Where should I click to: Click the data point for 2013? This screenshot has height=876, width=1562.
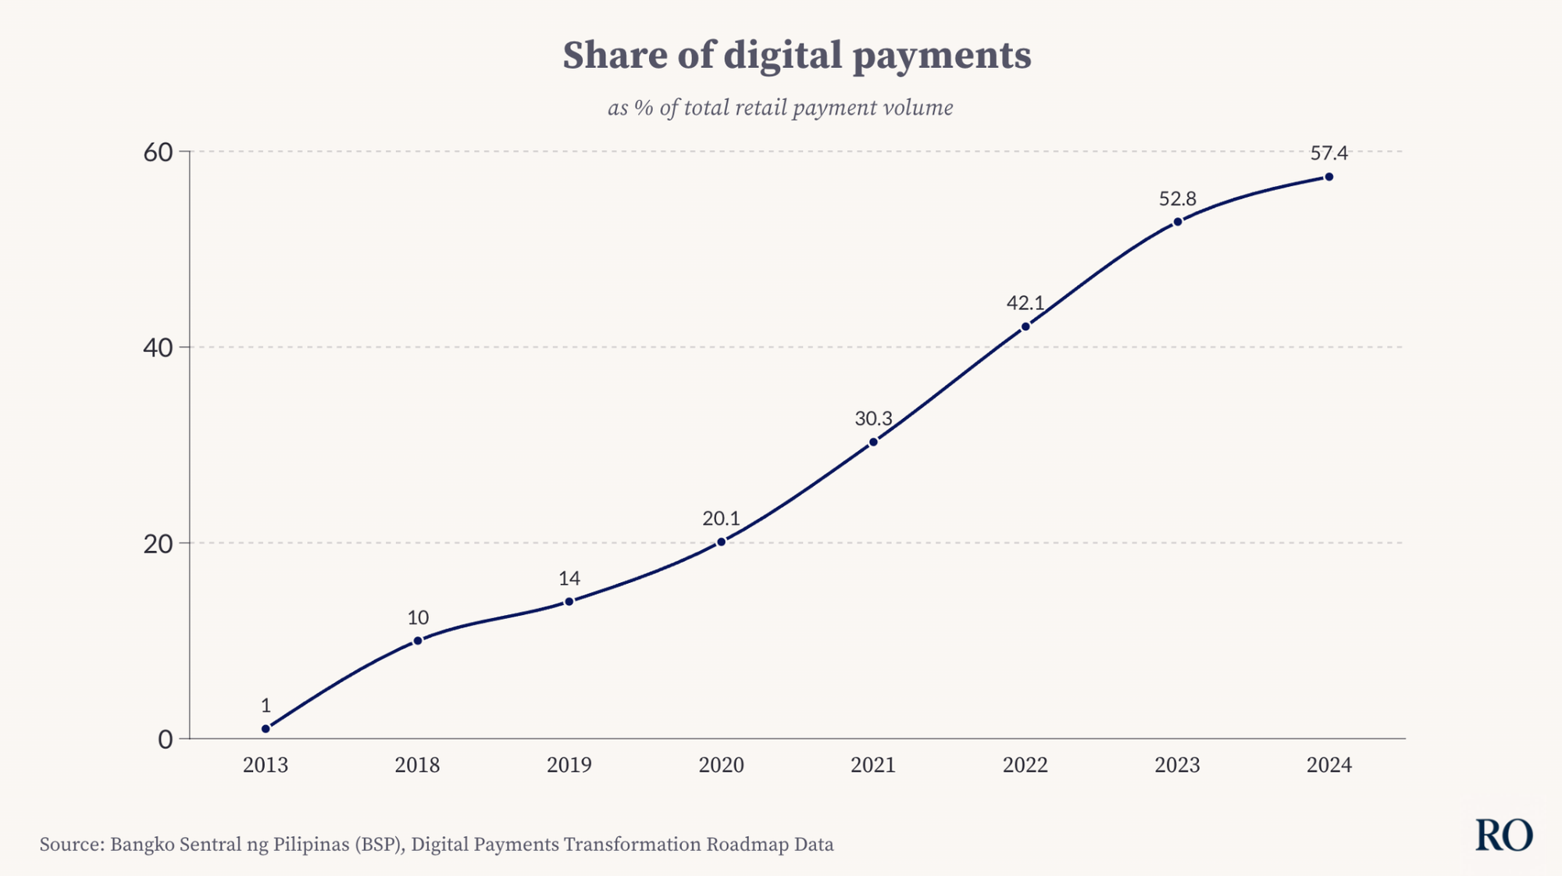tap(266, 728)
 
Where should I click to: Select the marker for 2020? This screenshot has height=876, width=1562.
tap(721, 542)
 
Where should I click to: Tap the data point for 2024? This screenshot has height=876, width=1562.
tap(1328, 177)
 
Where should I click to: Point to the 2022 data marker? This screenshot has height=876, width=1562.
tap(1025, 327)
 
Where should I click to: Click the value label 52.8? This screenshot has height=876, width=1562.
tap(1177, 199)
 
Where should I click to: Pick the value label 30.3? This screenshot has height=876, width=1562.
tap(873, 419)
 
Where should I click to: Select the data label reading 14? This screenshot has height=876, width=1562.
tap(569, 578)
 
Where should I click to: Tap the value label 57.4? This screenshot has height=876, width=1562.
tap(1328, 153)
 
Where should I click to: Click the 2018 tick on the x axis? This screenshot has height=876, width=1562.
tap(417, 764)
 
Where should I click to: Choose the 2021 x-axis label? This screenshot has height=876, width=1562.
tap(873, 764)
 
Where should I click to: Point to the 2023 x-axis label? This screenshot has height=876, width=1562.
tap(1177, 764)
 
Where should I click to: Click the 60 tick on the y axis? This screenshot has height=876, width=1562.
tap(158, 152)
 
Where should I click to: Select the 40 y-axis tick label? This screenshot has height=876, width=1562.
tap(158, 348)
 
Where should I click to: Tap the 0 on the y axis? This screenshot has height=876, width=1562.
tap(165, 739)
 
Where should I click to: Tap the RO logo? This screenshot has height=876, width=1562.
tap(1503, 835)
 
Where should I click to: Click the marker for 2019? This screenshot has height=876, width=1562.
tap(569, 601)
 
